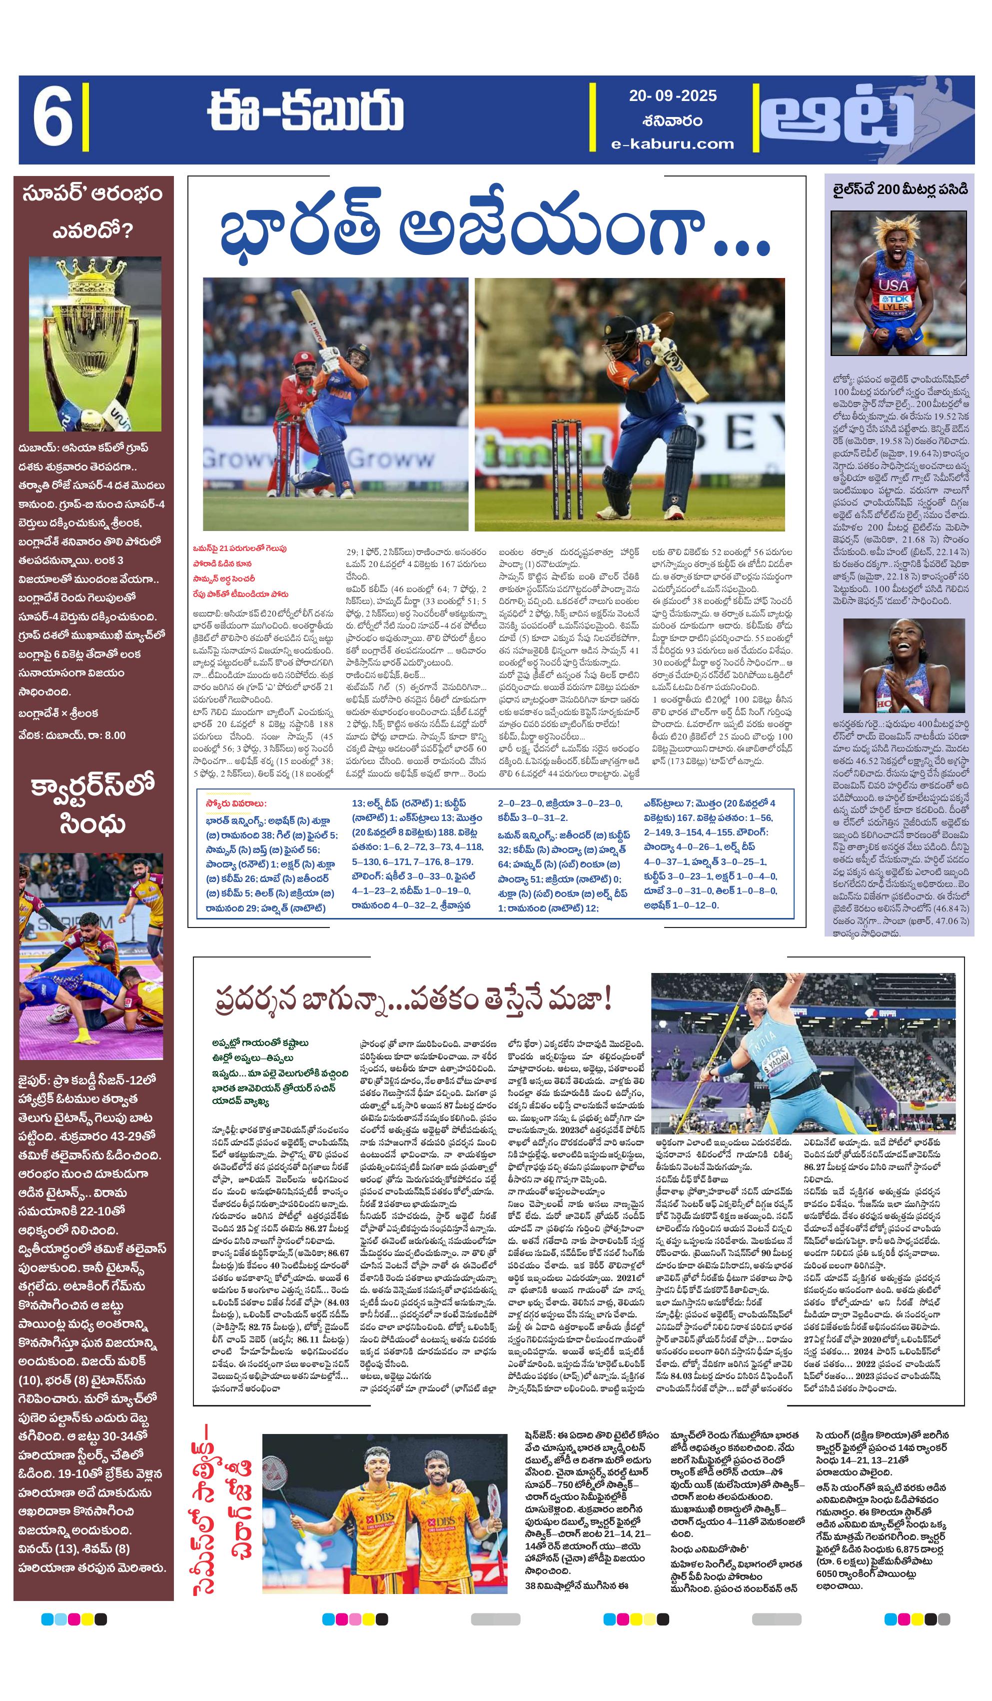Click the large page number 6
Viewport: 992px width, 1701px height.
52,119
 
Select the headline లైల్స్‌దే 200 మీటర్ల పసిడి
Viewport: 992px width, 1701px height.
900,189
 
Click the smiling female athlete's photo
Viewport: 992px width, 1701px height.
903,665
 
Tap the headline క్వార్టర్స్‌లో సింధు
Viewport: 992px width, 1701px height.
92,804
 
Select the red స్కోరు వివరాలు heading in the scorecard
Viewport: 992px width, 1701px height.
236,803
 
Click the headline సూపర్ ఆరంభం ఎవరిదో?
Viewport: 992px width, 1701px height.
92,211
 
